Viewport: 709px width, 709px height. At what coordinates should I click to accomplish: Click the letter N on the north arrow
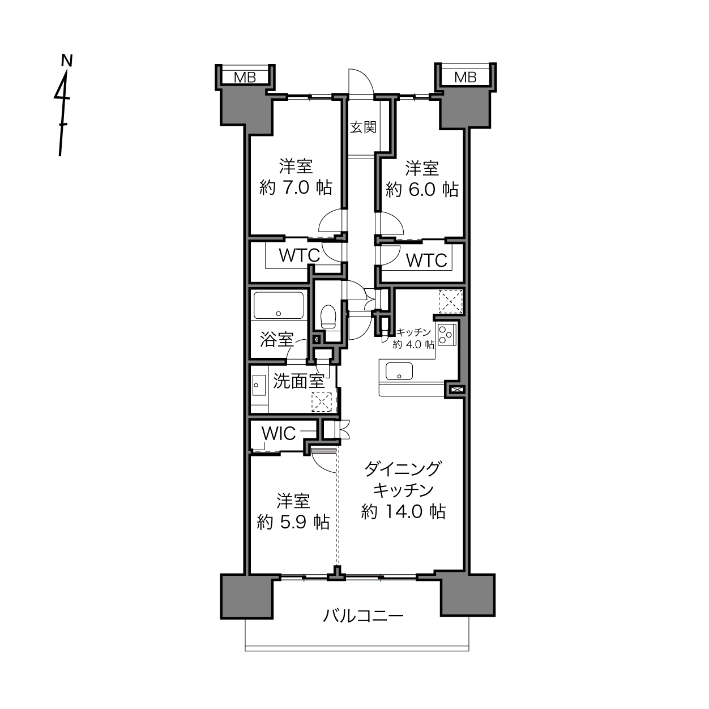coord(67,61)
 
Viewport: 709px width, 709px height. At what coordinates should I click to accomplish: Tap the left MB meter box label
coord(245,78)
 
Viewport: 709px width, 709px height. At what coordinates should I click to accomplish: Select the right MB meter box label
coord(465,77)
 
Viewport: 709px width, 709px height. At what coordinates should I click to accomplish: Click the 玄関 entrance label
coord(363,127)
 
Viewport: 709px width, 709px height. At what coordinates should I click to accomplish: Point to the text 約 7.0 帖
coord(296,187)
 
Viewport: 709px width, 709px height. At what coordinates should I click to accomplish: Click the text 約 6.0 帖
coord(422,190)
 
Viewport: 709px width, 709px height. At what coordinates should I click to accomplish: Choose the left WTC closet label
coord(299,255)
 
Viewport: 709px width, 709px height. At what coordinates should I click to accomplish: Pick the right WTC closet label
coord(426,260)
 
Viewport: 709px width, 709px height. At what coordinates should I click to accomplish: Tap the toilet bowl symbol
coord(328,316)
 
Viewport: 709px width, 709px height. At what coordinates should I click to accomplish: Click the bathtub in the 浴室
coord(279,305)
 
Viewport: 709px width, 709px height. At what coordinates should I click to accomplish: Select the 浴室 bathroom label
coord(276,339)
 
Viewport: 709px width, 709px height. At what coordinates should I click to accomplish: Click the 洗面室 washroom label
coord(299,381)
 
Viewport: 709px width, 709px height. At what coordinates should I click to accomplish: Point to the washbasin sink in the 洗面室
coord(259,385)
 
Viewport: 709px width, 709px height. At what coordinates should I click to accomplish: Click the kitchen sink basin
coord(399,371)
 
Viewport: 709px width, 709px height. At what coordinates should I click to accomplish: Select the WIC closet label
coord(279,433)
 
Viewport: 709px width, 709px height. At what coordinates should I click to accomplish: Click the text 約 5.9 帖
coord(293,522)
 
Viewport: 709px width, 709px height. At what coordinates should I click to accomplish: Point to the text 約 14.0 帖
coord(404,511)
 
